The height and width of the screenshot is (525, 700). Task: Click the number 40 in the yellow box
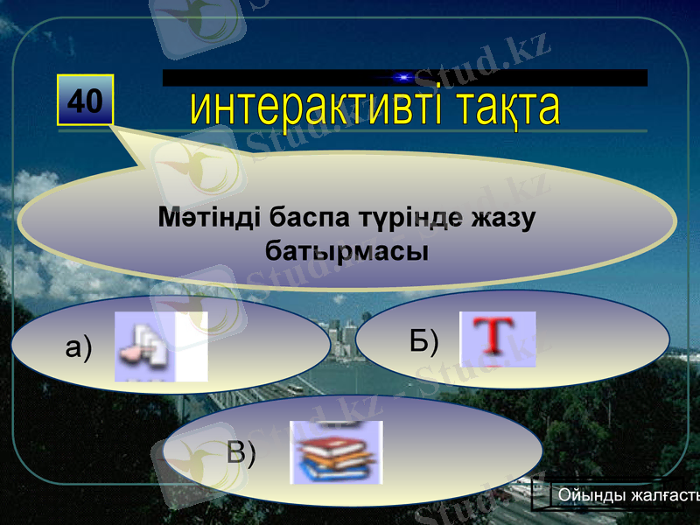(x=85, y=101)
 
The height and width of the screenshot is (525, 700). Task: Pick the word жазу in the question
(x=502, y=216)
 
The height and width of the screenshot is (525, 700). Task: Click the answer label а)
(x=79, y=347)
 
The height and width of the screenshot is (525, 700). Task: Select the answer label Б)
(x=424, y=340)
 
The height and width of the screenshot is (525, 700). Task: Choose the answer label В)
(x=241, y=452)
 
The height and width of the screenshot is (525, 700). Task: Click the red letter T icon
(x=497, y=338)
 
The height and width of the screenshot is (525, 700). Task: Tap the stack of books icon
(x=336, y=451)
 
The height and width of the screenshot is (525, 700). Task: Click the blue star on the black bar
(x=402, y=78)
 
